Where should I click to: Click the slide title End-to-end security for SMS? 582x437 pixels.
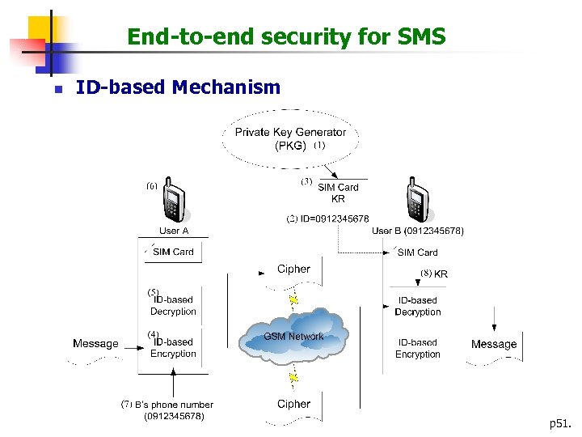tap(286, 36)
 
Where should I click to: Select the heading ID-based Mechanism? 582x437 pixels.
tap(177, 87)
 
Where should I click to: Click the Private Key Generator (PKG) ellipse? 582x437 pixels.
tap(290, 138)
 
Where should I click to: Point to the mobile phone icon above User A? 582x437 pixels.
tap(173, 199)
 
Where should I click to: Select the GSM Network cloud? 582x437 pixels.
tap(293, 335)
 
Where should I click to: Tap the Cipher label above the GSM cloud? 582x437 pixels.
tap(293, 269)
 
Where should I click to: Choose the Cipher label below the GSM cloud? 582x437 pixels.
tap(293, 404)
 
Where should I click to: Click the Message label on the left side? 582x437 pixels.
tap(95, 344)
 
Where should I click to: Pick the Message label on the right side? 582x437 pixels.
tap(493, 344)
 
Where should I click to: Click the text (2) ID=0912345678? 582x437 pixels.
tap(328, 218)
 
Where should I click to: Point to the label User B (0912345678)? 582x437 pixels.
tap(418, 231)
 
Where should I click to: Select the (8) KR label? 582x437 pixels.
tap(434, 274)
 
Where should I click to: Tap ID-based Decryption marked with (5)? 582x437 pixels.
tap(172, 305)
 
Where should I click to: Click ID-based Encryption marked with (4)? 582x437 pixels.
tap(172, 348)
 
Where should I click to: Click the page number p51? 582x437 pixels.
tap(559, 423)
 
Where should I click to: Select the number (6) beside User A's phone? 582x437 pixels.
tap(151, 185)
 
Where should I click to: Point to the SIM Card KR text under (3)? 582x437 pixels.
tap(338, 193)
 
